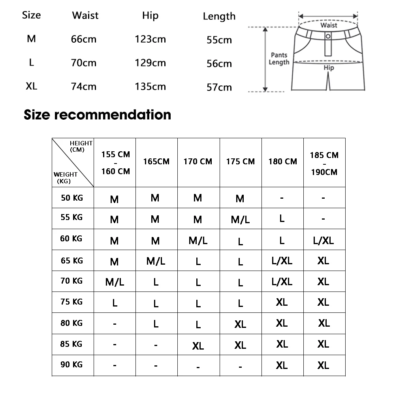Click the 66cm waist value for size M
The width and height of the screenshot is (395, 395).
click(x=84, y=39)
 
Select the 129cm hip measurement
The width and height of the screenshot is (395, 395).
click(x=150, y=63)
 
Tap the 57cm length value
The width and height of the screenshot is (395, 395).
click(x=219, y=87)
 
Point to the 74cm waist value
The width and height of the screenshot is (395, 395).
click(x=84, y=87)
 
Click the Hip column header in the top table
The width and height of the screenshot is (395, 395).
click(x=150, y=15)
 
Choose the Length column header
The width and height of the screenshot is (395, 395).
click(x=219, y=16)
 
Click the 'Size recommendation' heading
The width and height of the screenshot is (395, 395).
click(x=98, y=115)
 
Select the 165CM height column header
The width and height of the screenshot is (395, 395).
click(x=156, y=162)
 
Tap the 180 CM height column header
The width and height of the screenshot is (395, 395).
click(x=282, y=162)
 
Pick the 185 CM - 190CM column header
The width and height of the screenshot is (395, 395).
click(x=324, y=164)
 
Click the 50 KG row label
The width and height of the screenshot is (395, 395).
click(x=72, y=197)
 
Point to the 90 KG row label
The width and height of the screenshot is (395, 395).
click(x=72, y=364)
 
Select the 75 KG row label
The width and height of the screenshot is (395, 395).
click(x=72, y=302)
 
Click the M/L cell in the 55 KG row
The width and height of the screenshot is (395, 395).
click(x=240, y=219)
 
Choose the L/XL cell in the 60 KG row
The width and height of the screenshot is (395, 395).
click(x=323, y=240)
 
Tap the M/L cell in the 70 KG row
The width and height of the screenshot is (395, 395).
click(x=115, y=282)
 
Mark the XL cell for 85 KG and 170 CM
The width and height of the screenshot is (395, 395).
click(x=198, y=346)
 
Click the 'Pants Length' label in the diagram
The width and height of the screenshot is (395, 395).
click(x=279, y=58)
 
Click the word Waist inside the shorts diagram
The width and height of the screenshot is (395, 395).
click(x=329, y=25)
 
